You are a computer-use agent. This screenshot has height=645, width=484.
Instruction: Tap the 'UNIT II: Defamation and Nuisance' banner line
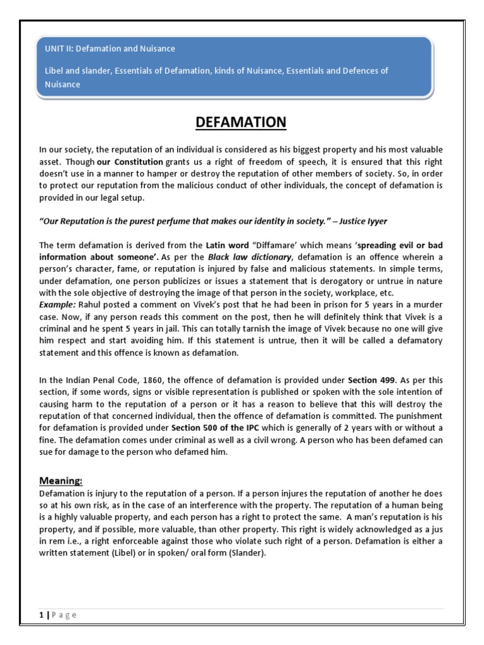point(110,49)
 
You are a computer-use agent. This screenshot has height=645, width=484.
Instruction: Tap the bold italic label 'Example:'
point(57,304)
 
